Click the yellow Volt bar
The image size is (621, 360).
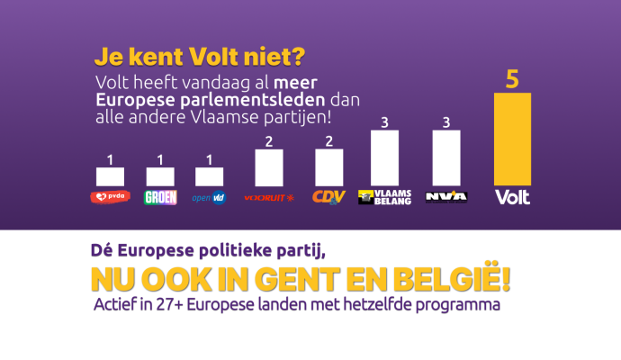[512, 139]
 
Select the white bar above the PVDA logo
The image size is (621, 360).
[111, 177]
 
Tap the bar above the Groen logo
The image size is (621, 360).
[159, 177]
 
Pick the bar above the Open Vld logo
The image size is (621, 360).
[209, 177]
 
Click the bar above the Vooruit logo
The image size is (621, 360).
[269, 167]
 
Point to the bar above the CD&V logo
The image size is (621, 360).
[328, 167]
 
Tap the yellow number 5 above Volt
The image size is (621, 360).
[512, 79]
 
